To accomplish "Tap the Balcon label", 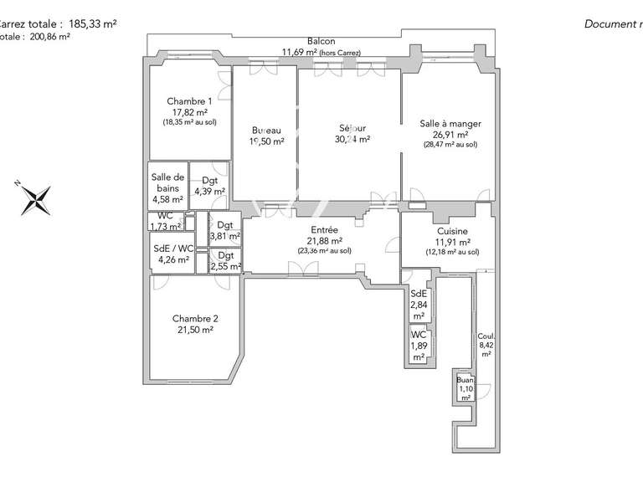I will point(321,42).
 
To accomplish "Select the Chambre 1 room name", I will point(188,101).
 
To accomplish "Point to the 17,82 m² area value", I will point(188,111).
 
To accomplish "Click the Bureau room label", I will point(265,130).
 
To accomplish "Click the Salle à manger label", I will point(450,124).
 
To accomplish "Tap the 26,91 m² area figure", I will point(450,134).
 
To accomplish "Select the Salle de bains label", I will point(167,182).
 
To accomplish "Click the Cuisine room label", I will point(452,231).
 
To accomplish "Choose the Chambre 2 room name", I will point(195,319).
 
